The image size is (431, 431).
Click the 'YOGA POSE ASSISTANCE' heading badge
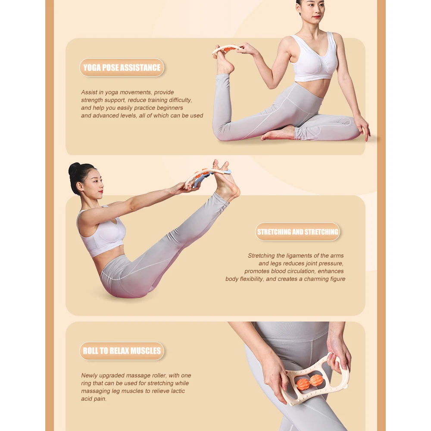[x=122, y=67]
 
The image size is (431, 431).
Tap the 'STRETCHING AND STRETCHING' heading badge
[x=297, y=232]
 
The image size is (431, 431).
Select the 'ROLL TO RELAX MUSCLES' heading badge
[x=122, y=351]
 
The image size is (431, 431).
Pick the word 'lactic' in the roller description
[x=177, y=391]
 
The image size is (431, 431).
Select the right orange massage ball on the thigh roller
[x=316, y=381]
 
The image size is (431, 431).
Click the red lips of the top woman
[x=317, y=17]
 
